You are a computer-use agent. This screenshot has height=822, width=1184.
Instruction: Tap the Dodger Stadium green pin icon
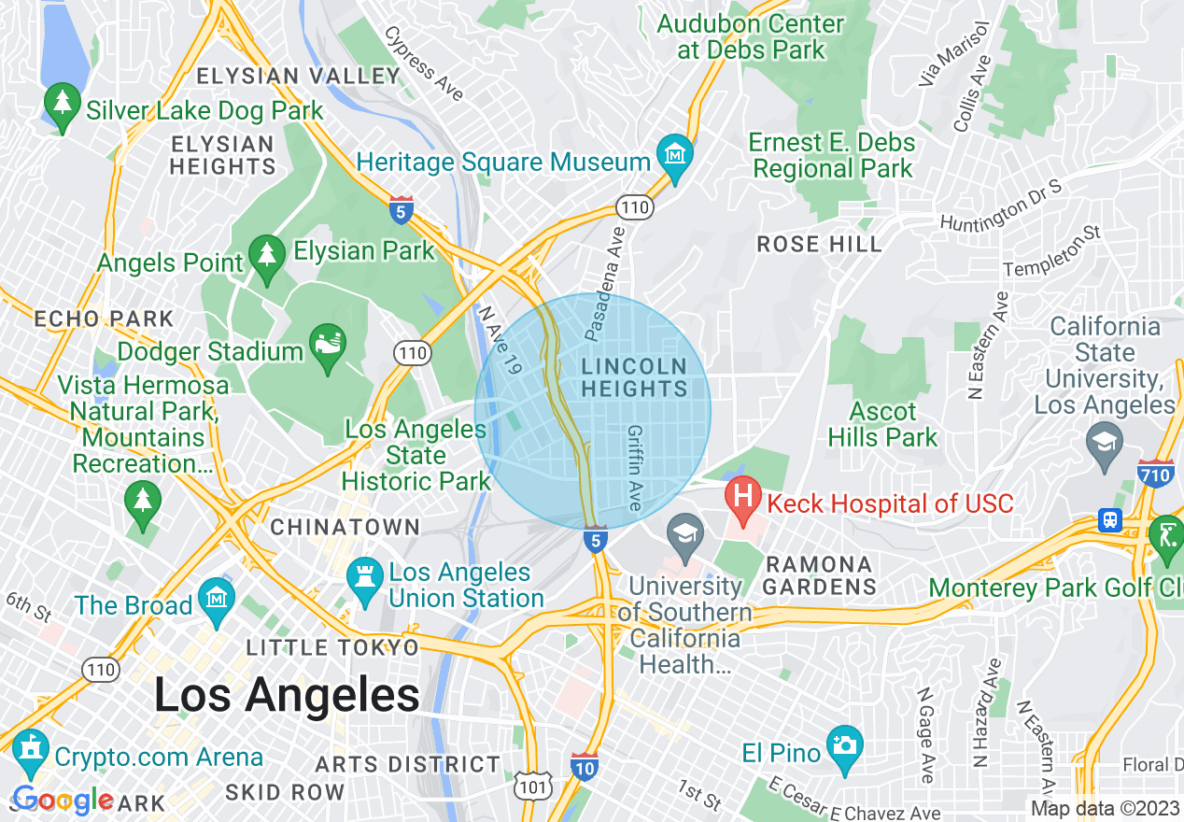click(x=327, y=347)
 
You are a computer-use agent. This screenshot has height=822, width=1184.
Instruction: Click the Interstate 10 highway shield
click(x=584, y=766)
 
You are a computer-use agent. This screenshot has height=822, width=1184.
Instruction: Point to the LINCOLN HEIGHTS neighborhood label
click(x=634, y=377)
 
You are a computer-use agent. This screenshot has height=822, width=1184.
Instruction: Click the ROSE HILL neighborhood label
click(x=819, y=245)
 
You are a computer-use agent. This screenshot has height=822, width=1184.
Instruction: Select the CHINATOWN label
click(x=345, y=528)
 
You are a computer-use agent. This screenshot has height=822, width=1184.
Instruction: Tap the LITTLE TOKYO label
click(x=332, y=648)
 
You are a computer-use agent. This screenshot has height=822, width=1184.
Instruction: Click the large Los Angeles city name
click(x=287, y=696)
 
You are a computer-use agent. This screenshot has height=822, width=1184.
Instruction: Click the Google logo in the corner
click(x=63, y=801)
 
